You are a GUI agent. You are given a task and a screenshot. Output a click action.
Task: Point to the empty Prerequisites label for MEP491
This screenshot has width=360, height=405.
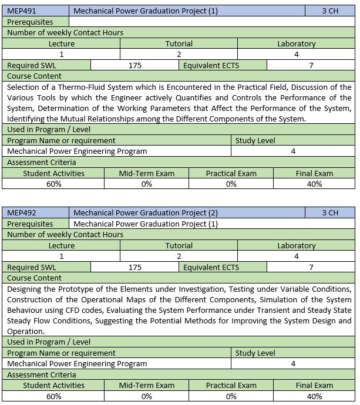pos(30,22)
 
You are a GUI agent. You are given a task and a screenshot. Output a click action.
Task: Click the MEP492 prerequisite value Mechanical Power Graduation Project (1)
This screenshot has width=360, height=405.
pos(146,224)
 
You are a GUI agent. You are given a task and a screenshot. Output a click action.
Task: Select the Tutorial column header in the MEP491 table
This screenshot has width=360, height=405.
pos(179,43)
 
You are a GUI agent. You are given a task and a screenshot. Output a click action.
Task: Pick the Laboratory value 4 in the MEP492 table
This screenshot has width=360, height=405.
pos(296,256)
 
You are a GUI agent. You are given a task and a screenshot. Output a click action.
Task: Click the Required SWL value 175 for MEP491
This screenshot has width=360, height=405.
pos(135,65)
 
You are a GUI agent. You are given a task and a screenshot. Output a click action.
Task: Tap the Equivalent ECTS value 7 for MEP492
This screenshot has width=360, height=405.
pos(311,267)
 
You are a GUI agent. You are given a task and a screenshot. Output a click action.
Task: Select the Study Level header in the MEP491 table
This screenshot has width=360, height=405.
pos(255,140)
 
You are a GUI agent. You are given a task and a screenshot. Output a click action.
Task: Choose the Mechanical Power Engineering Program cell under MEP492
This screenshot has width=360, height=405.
pos(77,364)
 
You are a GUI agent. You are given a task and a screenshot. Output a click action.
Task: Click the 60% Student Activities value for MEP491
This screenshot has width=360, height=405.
pos(54,184)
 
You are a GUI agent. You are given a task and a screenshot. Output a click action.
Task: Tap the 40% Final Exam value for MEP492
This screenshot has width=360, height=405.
pos(314,396)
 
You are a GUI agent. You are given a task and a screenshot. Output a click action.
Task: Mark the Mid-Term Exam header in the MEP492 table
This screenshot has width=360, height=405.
pos(147,386)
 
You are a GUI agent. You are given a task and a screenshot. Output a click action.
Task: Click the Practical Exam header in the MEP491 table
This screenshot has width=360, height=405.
pos(231,173)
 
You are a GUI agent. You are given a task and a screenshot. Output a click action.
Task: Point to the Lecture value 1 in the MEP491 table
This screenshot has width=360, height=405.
pos(62,54)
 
